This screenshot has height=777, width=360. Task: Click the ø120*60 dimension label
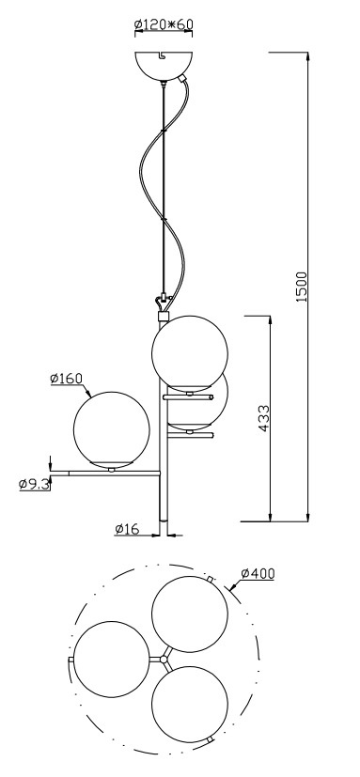pos(164,23)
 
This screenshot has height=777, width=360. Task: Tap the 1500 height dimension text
pos(302,287)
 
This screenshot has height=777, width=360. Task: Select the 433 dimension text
pos(264,419)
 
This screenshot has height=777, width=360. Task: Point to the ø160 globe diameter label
pos(66,379)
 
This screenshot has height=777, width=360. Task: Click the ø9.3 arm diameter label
pos(35,484)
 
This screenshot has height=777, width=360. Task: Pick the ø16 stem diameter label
pos(127,529)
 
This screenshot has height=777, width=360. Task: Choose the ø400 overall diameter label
pos(258,573)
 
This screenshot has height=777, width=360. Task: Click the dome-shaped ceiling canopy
pos(164,66)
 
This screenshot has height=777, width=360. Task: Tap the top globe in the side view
pos(190,353)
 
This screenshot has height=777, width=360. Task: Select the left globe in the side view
pos(112,429)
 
